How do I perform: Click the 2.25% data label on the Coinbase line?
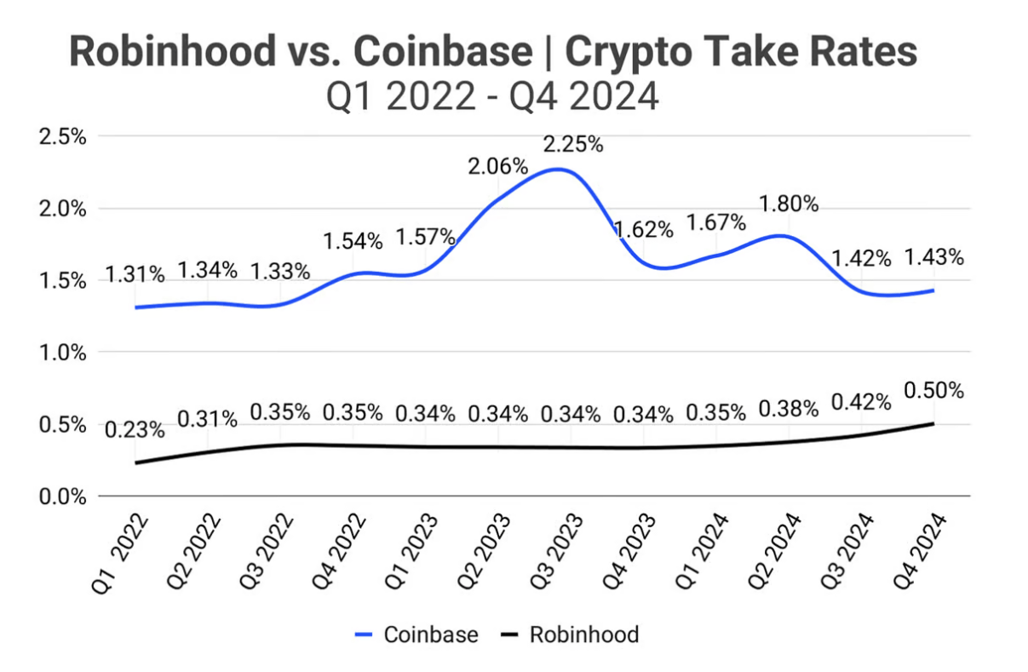click(574, 144)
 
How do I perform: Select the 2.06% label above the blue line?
click(498, 167)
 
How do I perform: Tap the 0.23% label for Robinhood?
click(135, 429)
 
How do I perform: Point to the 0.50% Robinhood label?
click(934, 391)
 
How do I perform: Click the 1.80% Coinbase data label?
click(789, 204)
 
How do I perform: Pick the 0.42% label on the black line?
click(861, 401)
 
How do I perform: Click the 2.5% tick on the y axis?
click(63, 137)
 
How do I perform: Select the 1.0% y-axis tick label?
click(63, 353)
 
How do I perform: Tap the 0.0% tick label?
click(63, 496)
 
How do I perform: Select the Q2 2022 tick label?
click(193, 550)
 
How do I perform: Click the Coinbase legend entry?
click(416, 635)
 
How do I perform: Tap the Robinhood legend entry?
click(568, 635)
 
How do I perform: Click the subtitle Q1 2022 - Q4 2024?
click(493, 96)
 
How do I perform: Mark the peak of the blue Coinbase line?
click(558, 169)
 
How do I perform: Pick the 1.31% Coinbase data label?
click(135, 275)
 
